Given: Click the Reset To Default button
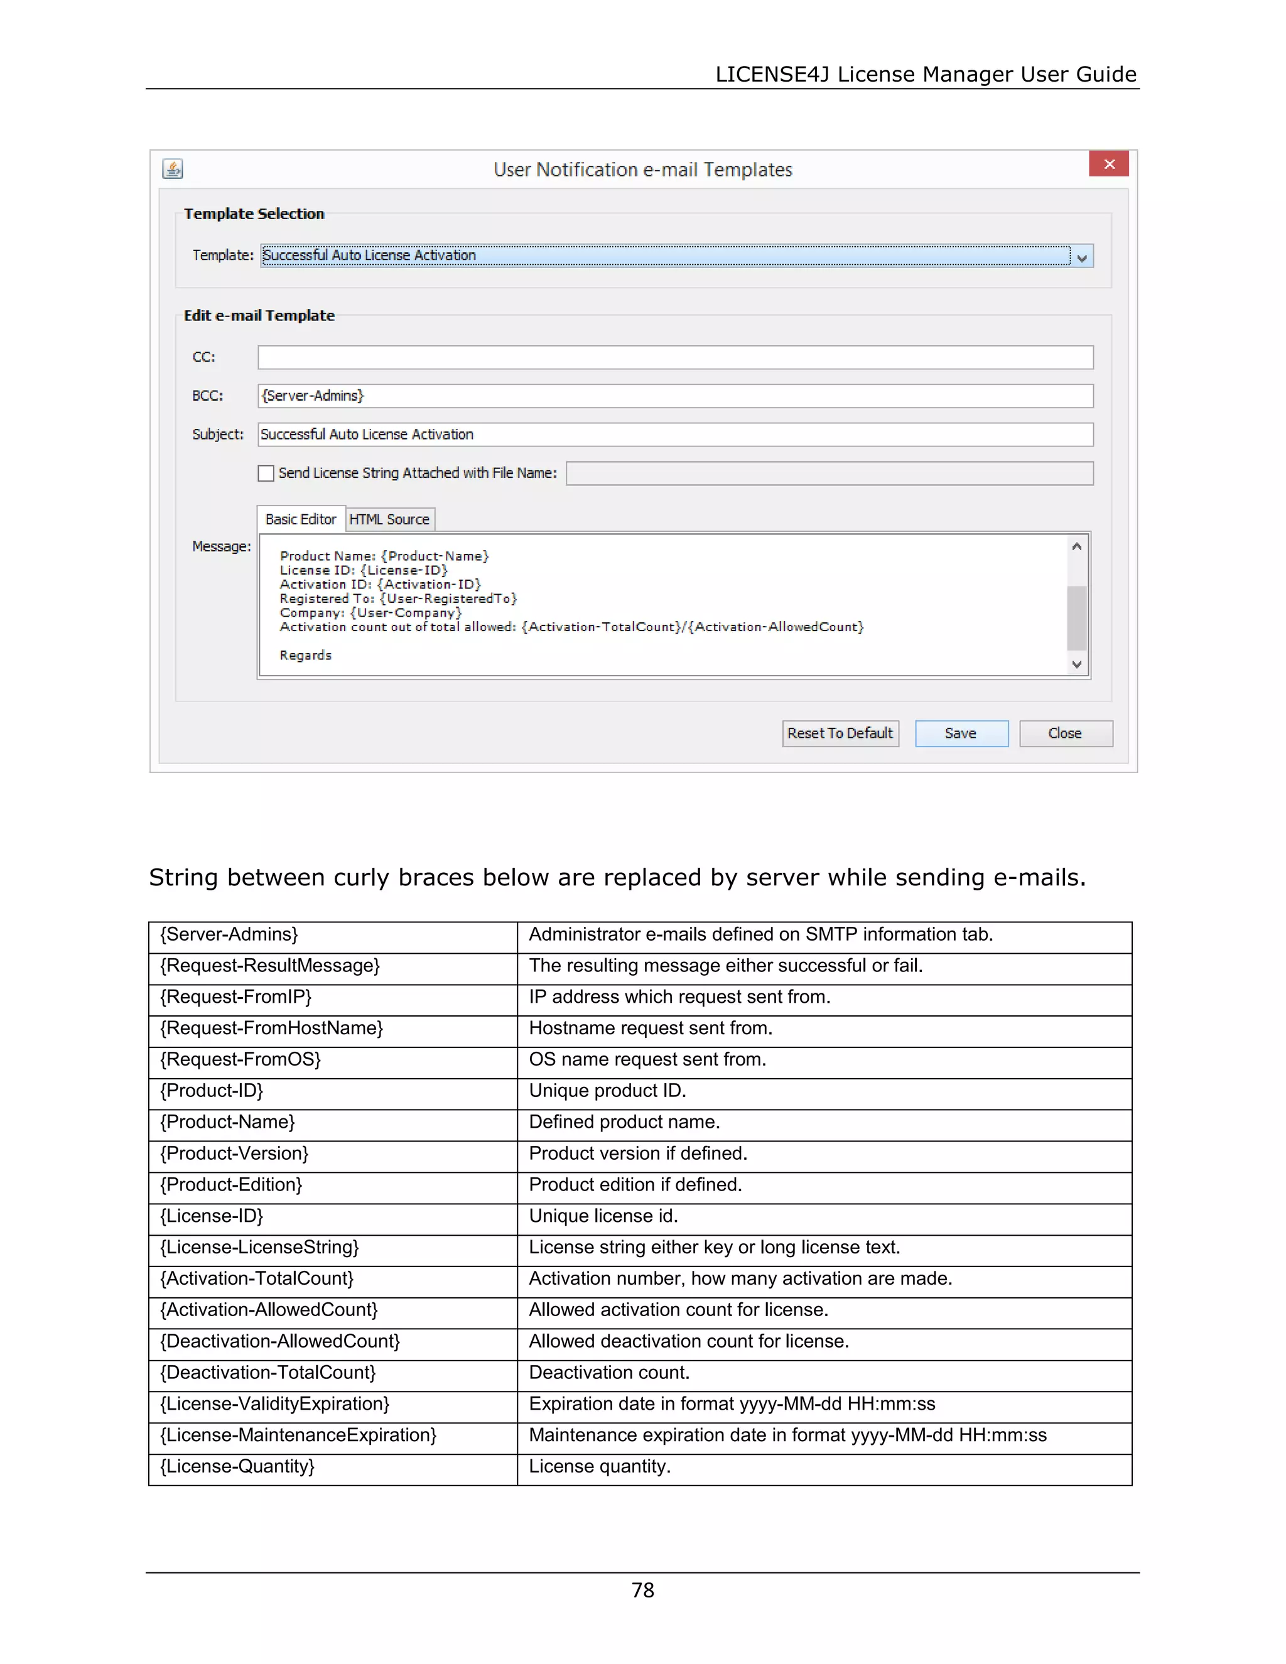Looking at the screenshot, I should coord(840,733).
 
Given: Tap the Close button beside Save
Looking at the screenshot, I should coord(1065,733).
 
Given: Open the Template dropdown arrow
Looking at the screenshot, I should coord(1082,257).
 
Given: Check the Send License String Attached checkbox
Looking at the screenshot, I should coord(266,473).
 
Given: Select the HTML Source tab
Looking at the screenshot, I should coord(389,520).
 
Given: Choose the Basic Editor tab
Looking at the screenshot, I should coord(301,520).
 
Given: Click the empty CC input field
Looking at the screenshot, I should coord(675,357).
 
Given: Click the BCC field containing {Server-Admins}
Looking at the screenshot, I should coord(675,396).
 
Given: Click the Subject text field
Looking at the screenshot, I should coord(675,435).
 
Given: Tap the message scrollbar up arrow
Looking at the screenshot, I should coord(1076,546).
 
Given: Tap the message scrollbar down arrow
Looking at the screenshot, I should coord(1076,664).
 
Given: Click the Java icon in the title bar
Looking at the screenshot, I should coord(173,168).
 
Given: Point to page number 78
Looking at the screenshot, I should coord(643,1590).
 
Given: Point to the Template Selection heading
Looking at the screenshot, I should coord(254,214).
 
